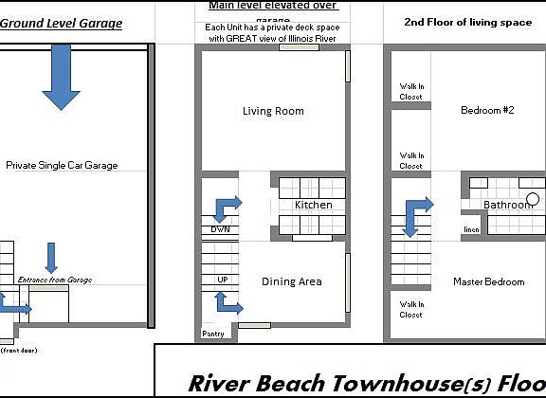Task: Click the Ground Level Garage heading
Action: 62,23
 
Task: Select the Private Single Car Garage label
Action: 62,165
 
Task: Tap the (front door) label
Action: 18,351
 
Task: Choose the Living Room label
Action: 273,111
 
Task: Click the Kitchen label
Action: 313,205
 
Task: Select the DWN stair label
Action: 220,229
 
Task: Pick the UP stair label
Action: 222,280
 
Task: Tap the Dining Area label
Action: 291,281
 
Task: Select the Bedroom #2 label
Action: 486,110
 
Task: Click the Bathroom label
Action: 507,205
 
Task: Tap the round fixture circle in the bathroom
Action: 533,199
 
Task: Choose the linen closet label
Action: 471,229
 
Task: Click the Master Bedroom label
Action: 488,281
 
